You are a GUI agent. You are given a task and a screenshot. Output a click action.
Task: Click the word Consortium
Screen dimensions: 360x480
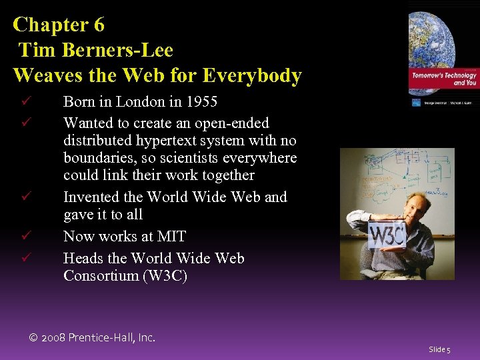pyautogui.click(x=99, y=275)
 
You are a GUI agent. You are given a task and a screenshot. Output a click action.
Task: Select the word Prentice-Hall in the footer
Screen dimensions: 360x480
pyautogui.click(x=103, y=338)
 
